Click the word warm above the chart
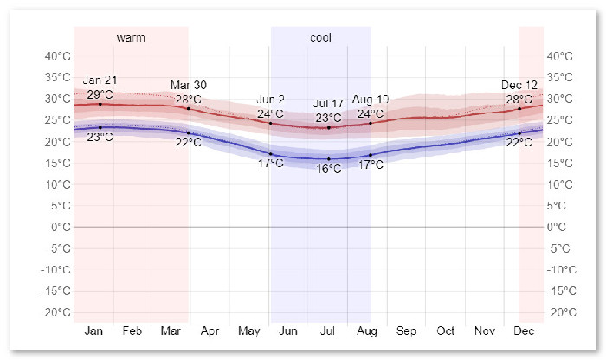[x=131, y=38]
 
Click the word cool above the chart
[x=320, y=38]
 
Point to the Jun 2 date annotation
[x=271, y=100]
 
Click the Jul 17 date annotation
[x=329, y=105]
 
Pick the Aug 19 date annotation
[x=371, y=100]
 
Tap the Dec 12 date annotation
[x=519, y=85]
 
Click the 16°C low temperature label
[x=329, y=170]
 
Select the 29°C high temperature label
[x=100, y=93]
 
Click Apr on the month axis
[x=210, y=331]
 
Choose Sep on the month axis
[x=406, y=331]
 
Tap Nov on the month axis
[x=485, y=331]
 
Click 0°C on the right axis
[x=559, y=227]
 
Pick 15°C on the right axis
[x=562, y=163]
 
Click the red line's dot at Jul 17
[x=329, y=127]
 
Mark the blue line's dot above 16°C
[x=329, y=159]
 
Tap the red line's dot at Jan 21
[x=100, y=104]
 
